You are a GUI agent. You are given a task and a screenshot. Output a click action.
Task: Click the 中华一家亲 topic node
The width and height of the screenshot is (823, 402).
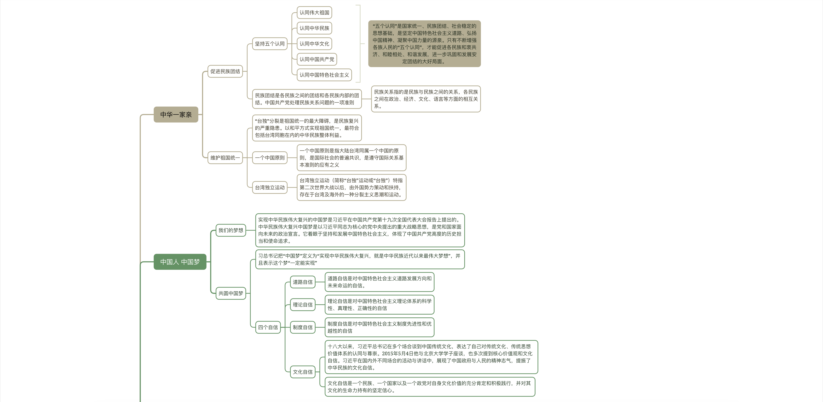click(x=176, y=114)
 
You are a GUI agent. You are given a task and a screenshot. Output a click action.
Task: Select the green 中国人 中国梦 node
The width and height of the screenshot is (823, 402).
click(x=180, y=262)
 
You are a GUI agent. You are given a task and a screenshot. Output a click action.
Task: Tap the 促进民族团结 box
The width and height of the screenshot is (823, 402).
click(x=225, y=71)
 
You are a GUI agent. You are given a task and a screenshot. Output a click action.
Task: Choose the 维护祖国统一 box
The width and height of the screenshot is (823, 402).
click(x=225, y=157)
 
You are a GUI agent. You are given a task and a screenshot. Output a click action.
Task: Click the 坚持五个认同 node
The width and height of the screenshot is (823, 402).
click(x=270, y=44)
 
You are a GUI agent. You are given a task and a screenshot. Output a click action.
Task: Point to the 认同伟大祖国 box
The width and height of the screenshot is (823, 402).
click(x=314, y=12)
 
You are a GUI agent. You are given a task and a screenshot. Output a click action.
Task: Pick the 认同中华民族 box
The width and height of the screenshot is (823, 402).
click(x=314, y=28)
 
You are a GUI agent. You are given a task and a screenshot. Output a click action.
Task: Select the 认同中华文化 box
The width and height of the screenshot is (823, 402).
click(x=314, y=44)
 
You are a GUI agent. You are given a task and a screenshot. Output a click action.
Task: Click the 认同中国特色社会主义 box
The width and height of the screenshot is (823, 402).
click(x=324, y=75)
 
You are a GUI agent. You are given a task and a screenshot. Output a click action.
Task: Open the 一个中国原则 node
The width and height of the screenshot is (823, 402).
click(x=270, y=157)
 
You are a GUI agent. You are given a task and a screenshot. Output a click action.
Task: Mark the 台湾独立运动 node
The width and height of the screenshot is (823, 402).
click(x=270, y=187)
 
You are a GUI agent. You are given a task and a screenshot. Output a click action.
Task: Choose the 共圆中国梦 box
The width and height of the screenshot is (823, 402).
click(x=231, y=293)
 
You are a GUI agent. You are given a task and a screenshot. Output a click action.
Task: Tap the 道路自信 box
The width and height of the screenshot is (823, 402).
click(x=303, y=282)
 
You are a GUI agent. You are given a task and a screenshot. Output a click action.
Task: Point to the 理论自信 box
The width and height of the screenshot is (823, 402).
click(x=303, y=305)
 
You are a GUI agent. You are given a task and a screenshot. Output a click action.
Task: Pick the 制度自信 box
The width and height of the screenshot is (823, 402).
click(x=303, y=327)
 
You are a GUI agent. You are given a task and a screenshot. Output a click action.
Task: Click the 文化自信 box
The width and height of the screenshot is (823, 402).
click(x=303, y=372)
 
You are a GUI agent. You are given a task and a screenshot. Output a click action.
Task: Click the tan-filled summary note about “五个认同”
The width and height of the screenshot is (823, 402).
click(x=424, y=44)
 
